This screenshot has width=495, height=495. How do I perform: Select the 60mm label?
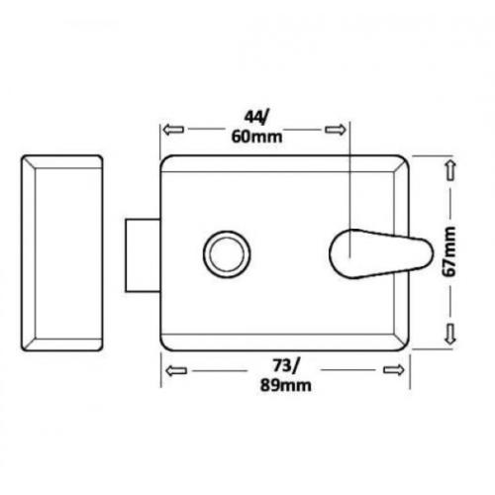point(253,137)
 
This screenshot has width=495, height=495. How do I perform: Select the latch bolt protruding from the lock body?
point(141,254)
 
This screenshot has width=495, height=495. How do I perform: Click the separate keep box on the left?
point(61,252)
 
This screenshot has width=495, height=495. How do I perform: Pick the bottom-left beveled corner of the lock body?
point(165,342)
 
